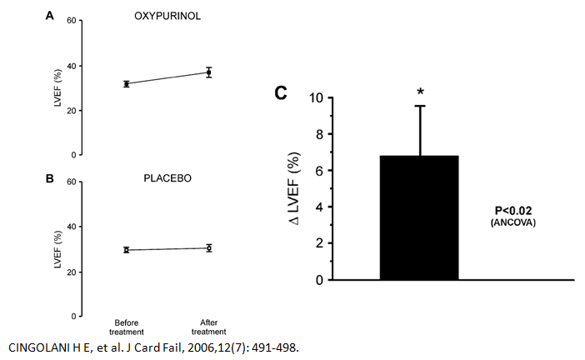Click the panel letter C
pos(282,92)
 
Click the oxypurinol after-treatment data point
pos(209,72)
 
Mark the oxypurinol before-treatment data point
pos(127,83)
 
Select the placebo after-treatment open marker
pos(209,247)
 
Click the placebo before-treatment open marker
pos(127,249)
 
